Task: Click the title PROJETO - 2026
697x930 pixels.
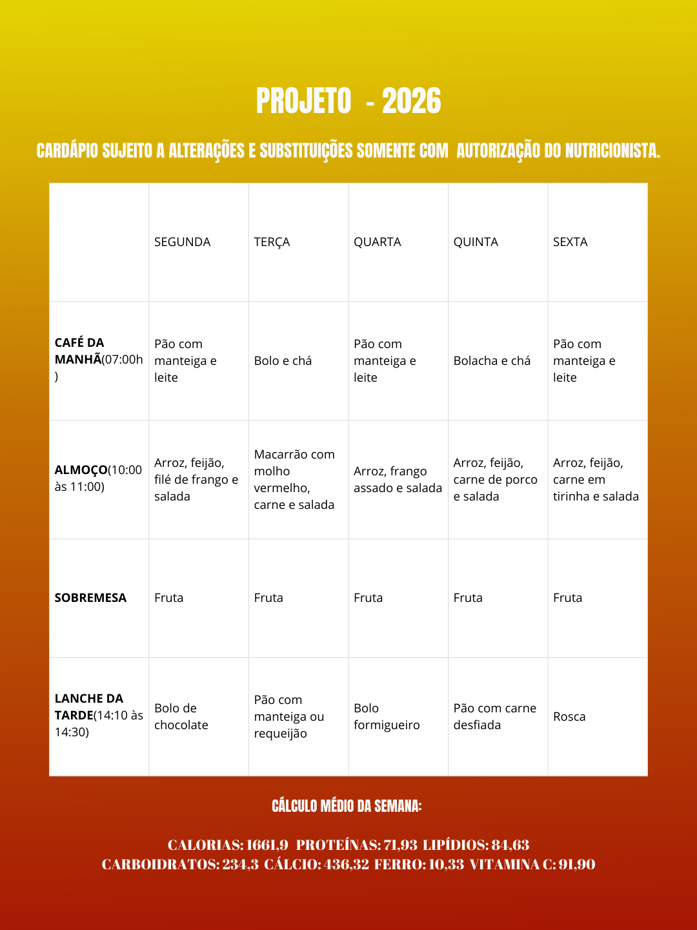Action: [x=348, y=101]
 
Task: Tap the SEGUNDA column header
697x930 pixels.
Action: [x=182, y=242]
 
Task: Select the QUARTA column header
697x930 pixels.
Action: [x=377, y=242]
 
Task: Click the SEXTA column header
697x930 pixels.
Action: [x=570, y=242]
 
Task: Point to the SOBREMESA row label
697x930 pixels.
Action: [x=90, y=598]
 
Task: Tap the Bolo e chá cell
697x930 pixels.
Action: [x=283, y=361]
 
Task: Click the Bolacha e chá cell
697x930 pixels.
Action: [x=492, y=361]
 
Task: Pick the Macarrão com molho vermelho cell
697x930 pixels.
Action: [x=294, y=479]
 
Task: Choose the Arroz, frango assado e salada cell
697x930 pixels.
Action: [x=398, y=479]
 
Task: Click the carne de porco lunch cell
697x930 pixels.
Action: [x=495, y=479]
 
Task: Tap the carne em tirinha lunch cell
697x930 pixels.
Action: [x=595, y=479]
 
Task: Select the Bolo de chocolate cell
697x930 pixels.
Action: [x=181, y=716]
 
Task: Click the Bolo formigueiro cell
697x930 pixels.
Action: [x=386, y=716]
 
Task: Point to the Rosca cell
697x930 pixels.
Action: [x=569, y=717]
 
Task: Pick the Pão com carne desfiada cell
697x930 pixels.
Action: [x=494, y=716]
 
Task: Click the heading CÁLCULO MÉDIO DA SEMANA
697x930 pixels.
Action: [x=347, y=806]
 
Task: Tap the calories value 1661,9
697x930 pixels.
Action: [x=267, y=845]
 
